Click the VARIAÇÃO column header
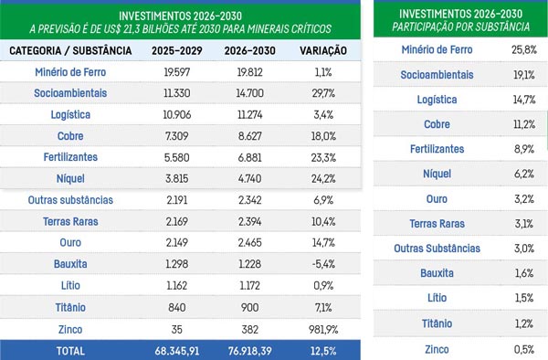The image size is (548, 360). tap(323, 50)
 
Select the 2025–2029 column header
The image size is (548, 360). tap(177, 50)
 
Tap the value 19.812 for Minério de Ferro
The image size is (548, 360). tap(250, 72)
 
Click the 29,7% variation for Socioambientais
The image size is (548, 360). tap(323, 93)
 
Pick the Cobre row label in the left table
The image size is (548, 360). tap(70, 136)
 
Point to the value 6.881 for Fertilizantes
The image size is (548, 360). tap(250, 158)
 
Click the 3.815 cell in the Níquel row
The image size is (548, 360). tap(177, 178)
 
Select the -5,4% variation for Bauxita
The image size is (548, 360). tap(323, 264)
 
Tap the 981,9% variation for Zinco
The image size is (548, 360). tap(323, 329)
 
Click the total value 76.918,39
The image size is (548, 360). tap(250, 351)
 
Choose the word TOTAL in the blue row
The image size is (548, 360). tap(70, 351)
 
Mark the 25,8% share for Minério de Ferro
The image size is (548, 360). tap(524, 49)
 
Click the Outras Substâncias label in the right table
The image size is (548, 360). tap(437, 249)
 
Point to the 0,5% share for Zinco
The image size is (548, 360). tap(524, 349)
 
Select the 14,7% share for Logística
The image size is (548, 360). tap(524, 100)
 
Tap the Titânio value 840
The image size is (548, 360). tap(177, 308)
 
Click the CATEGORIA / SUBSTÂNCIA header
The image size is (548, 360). tap(70, 50)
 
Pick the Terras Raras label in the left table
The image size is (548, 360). tap(70, 222)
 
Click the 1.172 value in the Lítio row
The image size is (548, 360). tap(250, 286)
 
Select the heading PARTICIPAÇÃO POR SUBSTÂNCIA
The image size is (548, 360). tap(460, 26)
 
